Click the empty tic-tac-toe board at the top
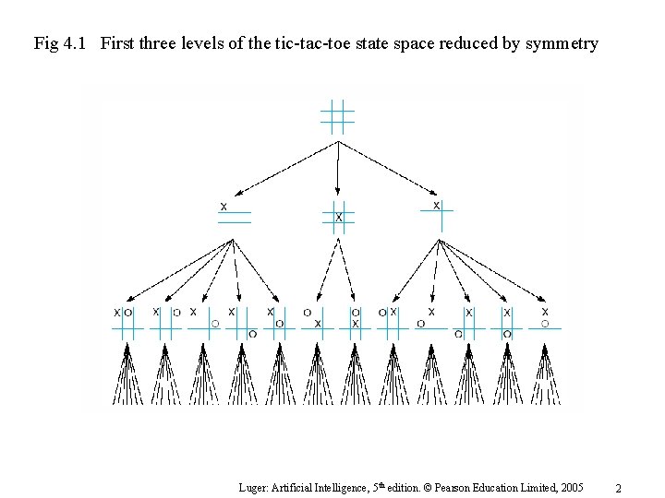click(337, 117)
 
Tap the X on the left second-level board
click(224, 206)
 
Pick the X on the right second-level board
click(436, 205)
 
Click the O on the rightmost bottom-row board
click(545, 324)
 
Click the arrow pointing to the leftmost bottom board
click(175, 272)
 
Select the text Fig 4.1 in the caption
click(59, 43)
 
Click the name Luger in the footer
click(254, 487)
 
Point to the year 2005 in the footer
click(570, 487)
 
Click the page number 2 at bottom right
click(619, 488)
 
